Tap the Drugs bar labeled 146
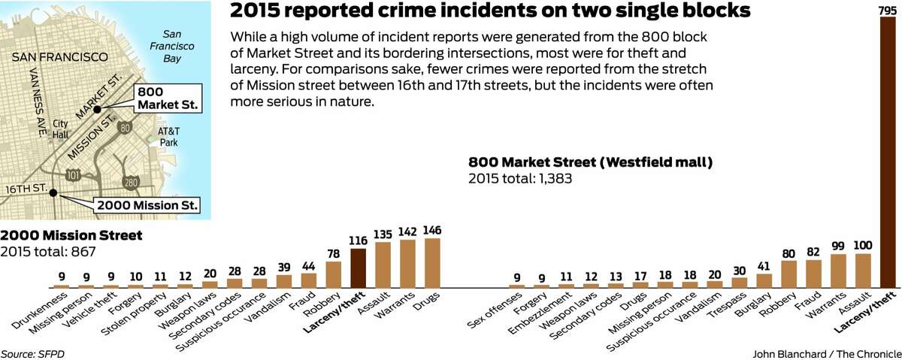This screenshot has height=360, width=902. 431,263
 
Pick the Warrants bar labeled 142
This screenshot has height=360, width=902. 407,264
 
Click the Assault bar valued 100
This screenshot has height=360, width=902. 864,271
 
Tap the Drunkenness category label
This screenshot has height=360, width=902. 38,313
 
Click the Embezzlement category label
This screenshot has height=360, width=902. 537,316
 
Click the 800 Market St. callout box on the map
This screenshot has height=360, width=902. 168,97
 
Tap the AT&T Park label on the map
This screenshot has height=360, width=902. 168,135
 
